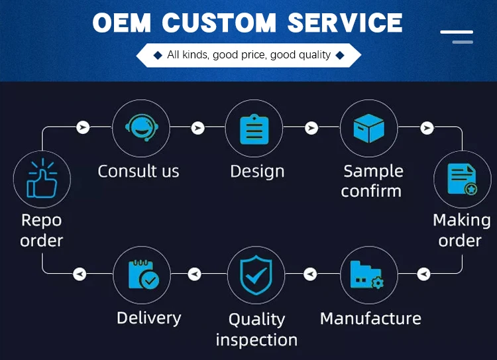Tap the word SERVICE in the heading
click(x=345, y=23)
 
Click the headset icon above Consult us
click(x=140, y=127)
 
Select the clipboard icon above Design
click(x=254, y=128)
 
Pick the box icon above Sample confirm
click(x=368, y=128)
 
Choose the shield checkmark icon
click(x=255, y=276)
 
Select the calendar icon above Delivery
click(x=141, y=274)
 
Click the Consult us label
click(x=138, y=171)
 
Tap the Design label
click(x=257, y=171)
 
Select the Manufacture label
click(x=370, y=318)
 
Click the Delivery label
click(x=148, y=318)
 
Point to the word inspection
click(x=256, y=340)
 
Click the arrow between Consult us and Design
click(x=197, y=127)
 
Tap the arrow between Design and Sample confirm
click(x=311, y=127)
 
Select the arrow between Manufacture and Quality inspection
click(x=310, y=272)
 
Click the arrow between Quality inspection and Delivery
click(x=195, y=272)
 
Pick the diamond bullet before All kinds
click(x=157, y=55)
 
